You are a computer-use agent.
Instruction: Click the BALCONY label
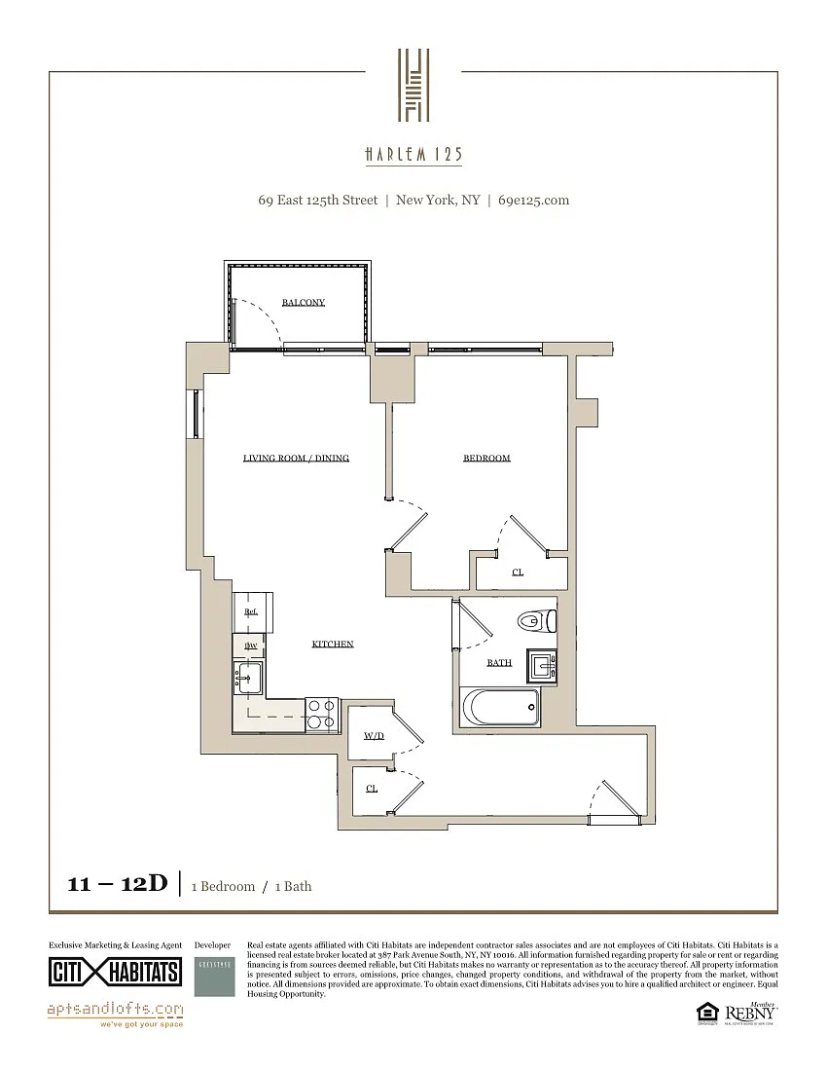coord(304,303)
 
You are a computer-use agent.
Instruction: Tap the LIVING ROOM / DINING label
coord(296,458)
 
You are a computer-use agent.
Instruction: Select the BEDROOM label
coord(486,458)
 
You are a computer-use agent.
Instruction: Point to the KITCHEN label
coord(333,644)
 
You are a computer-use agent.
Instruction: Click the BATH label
coord(499,663)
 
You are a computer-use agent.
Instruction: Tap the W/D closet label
coord(375,736)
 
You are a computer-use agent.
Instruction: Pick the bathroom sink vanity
coord(542,665)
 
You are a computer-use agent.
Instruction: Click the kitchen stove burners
coord(322,715)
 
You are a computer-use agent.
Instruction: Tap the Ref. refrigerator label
coord(251,611)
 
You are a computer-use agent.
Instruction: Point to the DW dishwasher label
coord(250,646)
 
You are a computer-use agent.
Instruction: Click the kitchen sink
coord(247,675)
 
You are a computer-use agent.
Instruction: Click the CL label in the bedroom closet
coord(518,572)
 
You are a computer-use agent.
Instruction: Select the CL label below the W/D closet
coord(372,788)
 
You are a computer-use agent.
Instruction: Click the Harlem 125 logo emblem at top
coord(413,86)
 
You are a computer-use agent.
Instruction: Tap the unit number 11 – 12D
coord(118,884)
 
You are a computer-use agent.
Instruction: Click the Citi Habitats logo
coord(115,971)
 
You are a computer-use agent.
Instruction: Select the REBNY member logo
coord(750,1013)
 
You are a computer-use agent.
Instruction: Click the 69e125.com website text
coord(533,201)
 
